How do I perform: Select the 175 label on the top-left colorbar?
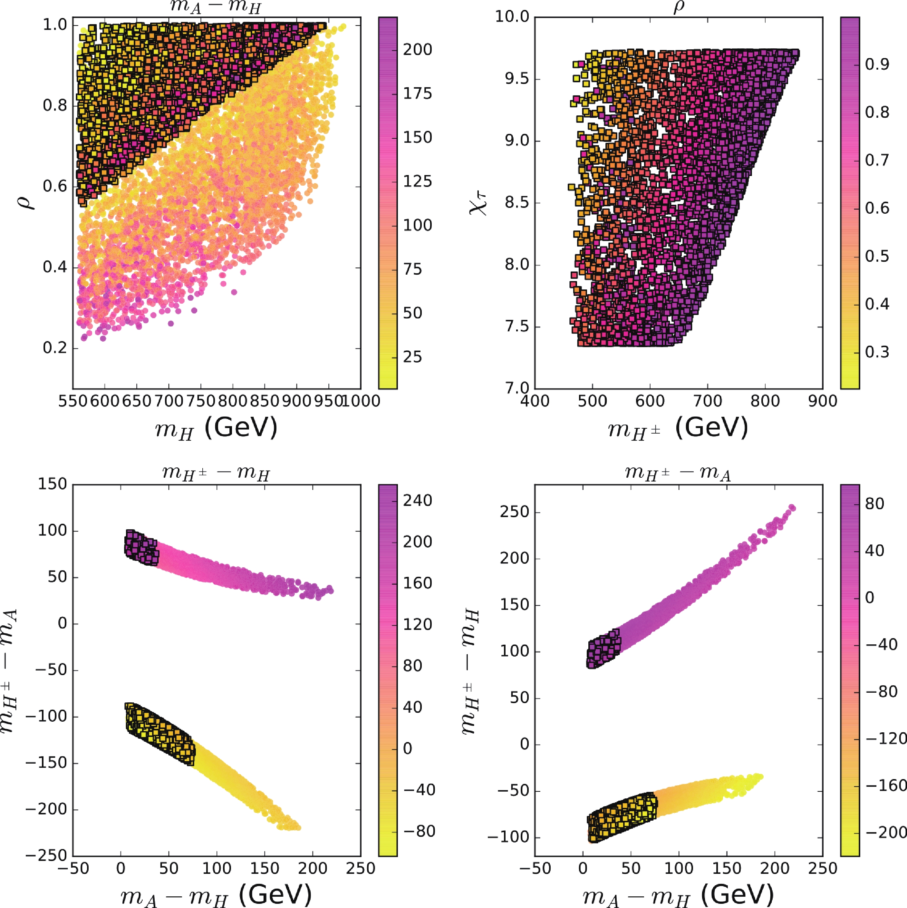pos(418,93)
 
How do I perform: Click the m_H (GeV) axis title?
pos(217,428)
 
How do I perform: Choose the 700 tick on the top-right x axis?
pos(708,401)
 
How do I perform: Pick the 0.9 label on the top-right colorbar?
pos(877,64)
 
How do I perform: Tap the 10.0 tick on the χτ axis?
pos(512,17)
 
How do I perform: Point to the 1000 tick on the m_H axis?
pos(361,401)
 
